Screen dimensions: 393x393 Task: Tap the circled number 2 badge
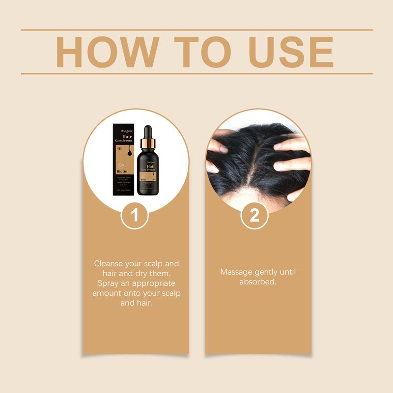(254, 215)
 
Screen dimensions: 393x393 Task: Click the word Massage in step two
(235, 272)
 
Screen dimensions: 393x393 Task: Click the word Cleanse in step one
(109, 264)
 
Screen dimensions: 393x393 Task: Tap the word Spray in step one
(108, 283)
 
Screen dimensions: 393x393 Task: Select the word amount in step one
(107, 293)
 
